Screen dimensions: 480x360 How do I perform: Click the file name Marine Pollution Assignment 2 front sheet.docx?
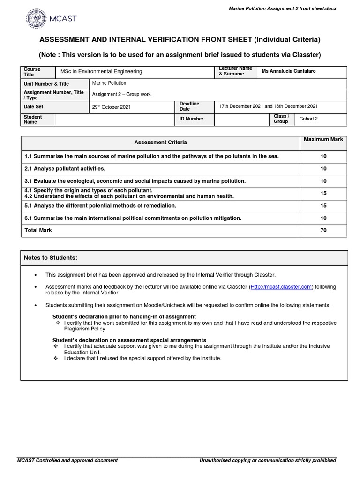(x=282, y=9)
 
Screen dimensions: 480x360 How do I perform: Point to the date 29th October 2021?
(x=112, y=107)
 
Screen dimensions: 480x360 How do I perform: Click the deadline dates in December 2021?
(x=268, y=106)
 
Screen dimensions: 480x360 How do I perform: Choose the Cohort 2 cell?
(x=308, y=119)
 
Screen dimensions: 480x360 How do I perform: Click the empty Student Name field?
(x=114, y=120)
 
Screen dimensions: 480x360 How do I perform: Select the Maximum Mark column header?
(x=323, y=139)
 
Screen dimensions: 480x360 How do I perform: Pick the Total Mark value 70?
(x=323, y=230)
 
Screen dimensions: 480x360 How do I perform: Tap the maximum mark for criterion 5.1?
(x=323, y=206)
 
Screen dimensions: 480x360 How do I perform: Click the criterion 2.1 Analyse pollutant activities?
(x=65, y=169)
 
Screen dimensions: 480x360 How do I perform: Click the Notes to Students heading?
(x=51, y=258)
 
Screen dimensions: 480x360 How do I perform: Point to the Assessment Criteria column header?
(x=160, y=142)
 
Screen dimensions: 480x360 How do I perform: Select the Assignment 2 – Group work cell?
(x=121, y=94)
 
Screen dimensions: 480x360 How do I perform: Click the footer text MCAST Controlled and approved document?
(x=67, y=461)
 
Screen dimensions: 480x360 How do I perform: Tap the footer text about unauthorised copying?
(x=268, y=461)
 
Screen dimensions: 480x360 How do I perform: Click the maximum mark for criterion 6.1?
(x=323, y=218)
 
